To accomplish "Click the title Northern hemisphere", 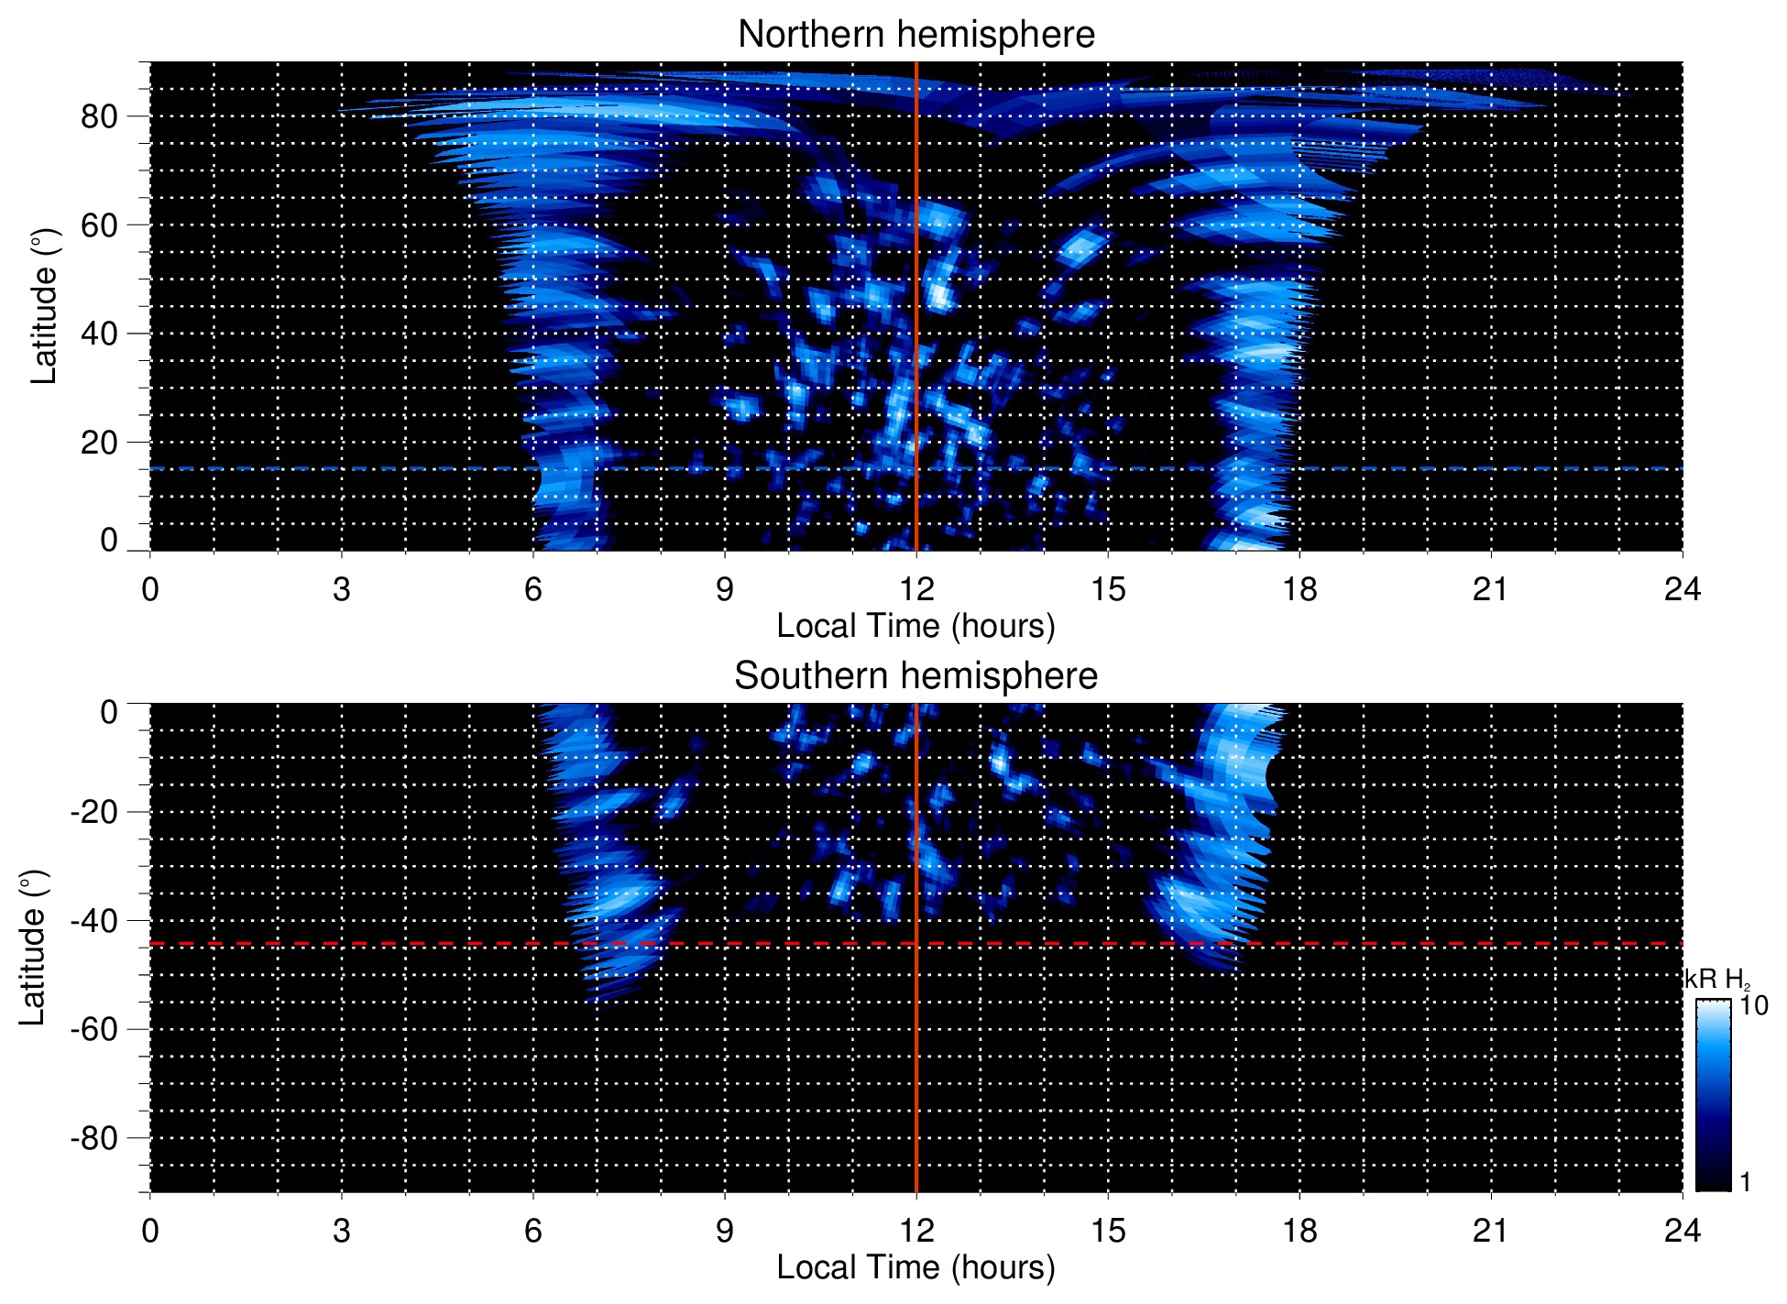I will click(915, 35).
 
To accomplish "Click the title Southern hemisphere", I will click(915, 676).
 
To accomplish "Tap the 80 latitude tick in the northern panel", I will click(99, 116).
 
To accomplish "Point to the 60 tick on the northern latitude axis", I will click(99, 225).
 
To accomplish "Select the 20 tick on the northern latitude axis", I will click(99, 442).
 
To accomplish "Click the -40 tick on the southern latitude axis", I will click(94, 920).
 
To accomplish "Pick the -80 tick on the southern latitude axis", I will click(94, 1137).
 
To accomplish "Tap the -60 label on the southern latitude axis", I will click(94, 1029).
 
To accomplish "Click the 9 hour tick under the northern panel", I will click(725, 589).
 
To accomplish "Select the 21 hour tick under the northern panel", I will click(1490, 589).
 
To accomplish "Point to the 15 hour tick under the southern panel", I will click(1108, 1231).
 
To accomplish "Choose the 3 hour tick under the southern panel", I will click(342, 1231).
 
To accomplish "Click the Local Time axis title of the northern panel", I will click(915, 627).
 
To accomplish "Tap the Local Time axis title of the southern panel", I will click(915, 1268).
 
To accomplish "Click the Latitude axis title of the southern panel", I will click(33, 948).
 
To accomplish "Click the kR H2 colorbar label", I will click(1717, 980).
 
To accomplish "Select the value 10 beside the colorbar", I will click(1753, 1005).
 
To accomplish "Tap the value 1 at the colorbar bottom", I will click(1745, 1182).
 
